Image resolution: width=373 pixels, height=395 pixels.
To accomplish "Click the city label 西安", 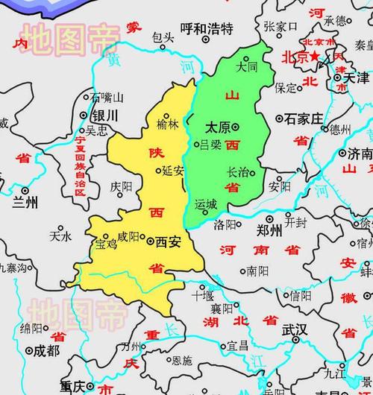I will pos(169,241).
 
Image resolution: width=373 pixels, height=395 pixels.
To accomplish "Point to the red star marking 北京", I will pos(316,56).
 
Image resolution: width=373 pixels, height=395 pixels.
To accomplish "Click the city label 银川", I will pos(104,116).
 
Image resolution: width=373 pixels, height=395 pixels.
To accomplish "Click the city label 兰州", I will pos(25,202).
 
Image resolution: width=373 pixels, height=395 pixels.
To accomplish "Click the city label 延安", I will pos(172,171).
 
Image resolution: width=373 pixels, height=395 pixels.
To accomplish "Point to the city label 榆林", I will pos(168,124).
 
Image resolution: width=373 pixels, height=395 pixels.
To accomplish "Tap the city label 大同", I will pos(245,66).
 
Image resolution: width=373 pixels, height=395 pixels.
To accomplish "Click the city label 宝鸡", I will pos(106,241).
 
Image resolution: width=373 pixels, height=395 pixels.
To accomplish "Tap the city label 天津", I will pos(356,78).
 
